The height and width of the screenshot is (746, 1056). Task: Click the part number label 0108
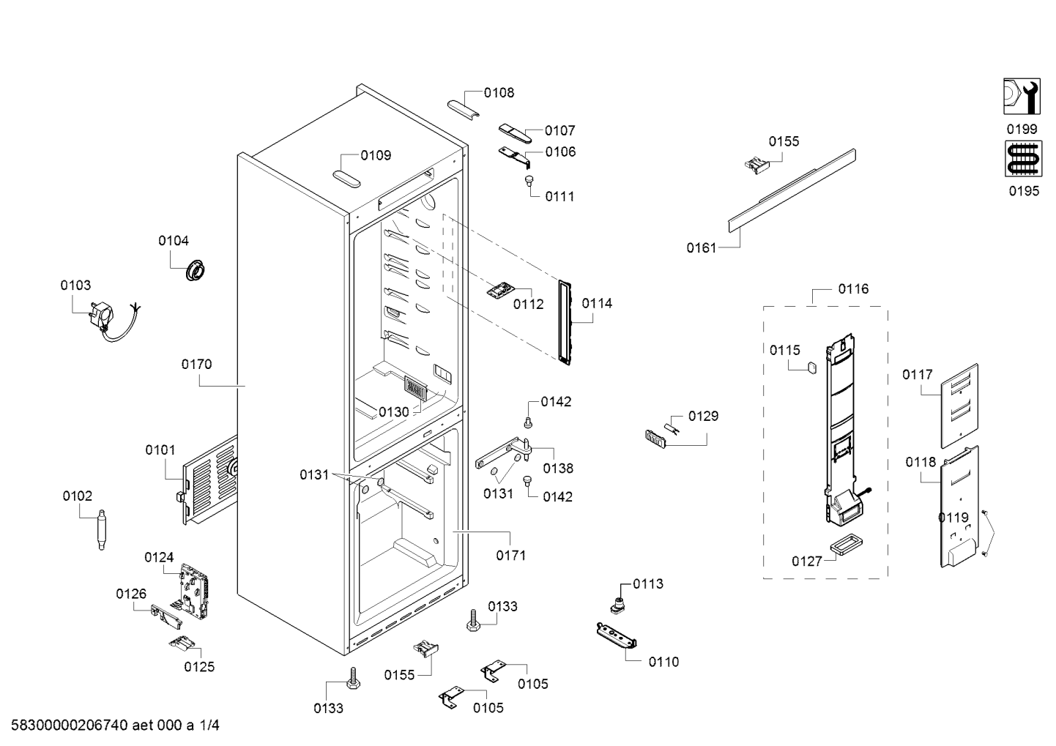[x=499, y=93]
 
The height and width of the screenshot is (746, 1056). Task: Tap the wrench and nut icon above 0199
[x=1022, y=97]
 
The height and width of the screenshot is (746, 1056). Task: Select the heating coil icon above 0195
[x=1023, y=159]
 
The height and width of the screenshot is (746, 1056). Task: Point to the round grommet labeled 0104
[x=195, y=270]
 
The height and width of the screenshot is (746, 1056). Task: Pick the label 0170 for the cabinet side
[x=196, y=365]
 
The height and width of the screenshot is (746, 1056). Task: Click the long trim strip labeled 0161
[x=792, y=191]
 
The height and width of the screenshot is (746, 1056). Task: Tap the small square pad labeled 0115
[x=812, y=367]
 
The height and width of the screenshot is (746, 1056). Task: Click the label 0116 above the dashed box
[x=853, y=289]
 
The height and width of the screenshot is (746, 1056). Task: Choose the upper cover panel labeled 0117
[x=959, y=406]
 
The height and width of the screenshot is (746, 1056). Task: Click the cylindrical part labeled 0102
[x=101, y=529]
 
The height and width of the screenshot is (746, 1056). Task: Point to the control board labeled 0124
[x=194, y=591]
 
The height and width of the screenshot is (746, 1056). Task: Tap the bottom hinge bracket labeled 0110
[x=617, y=635]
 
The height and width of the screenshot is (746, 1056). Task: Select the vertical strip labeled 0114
[x=565, y=322]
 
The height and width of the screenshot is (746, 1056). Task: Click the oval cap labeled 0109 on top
[x=346, y=179]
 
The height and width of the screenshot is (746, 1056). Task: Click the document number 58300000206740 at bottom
[x=70, y=725]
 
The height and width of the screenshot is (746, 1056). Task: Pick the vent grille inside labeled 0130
[x=415, y=389]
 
